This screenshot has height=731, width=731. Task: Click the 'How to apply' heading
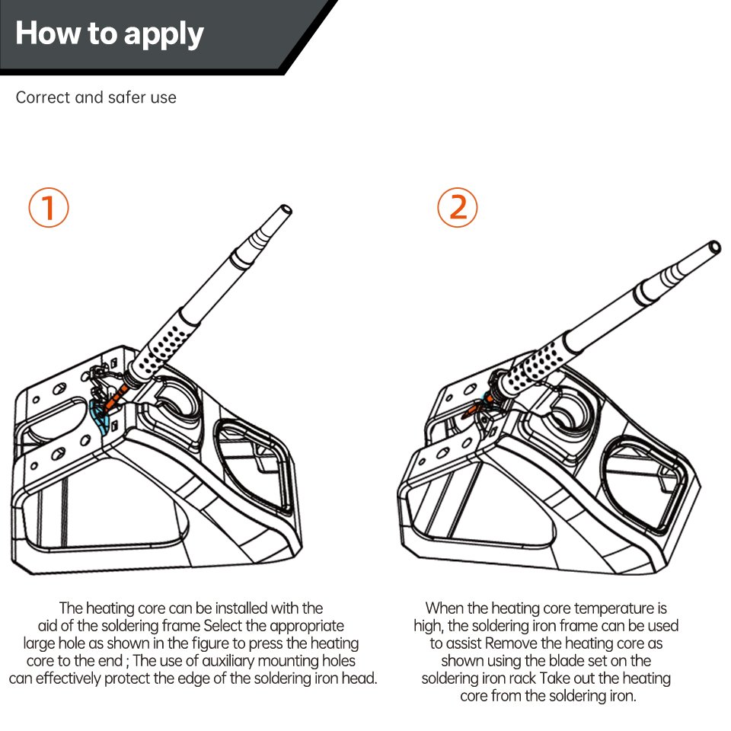[110, 34]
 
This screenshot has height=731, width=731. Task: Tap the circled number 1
[49, 208]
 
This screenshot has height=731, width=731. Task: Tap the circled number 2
[458, 207]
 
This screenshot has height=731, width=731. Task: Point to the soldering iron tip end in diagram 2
[713, 247]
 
